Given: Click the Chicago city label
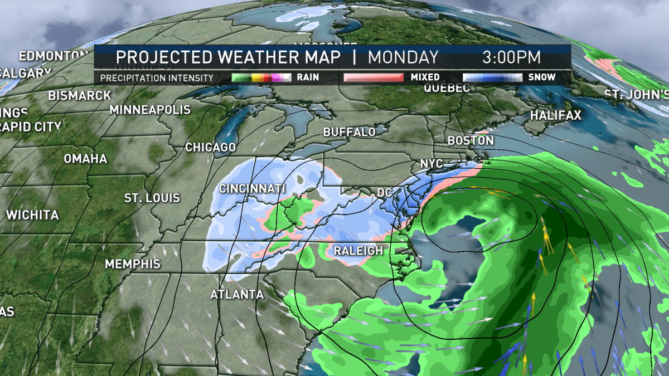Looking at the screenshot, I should click(210, 148).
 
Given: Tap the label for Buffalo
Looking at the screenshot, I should click(350, 133).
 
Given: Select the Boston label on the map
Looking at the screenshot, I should click(471, 141).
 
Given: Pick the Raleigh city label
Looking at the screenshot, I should click(358, 251).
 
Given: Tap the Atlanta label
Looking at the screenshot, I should click(236, 294).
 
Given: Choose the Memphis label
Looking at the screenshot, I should click(133, 263).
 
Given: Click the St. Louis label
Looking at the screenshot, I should click(152, 198).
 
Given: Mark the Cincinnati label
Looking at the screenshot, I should click(252, 189).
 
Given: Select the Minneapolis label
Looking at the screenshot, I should click(150, 110).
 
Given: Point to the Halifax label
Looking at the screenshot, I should click(555, 116).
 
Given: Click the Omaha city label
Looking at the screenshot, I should click(85, 159).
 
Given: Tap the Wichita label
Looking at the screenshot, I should click(32, 214).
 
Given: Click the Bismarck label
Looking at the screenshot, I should click(79, 95).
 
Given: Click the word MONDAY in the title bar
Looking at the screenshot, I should click(403, 57).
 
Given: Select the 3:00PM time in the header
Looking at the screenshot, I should click(511, 57).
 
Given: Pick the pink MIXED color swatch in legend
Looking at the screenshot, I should click(373, 77).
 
